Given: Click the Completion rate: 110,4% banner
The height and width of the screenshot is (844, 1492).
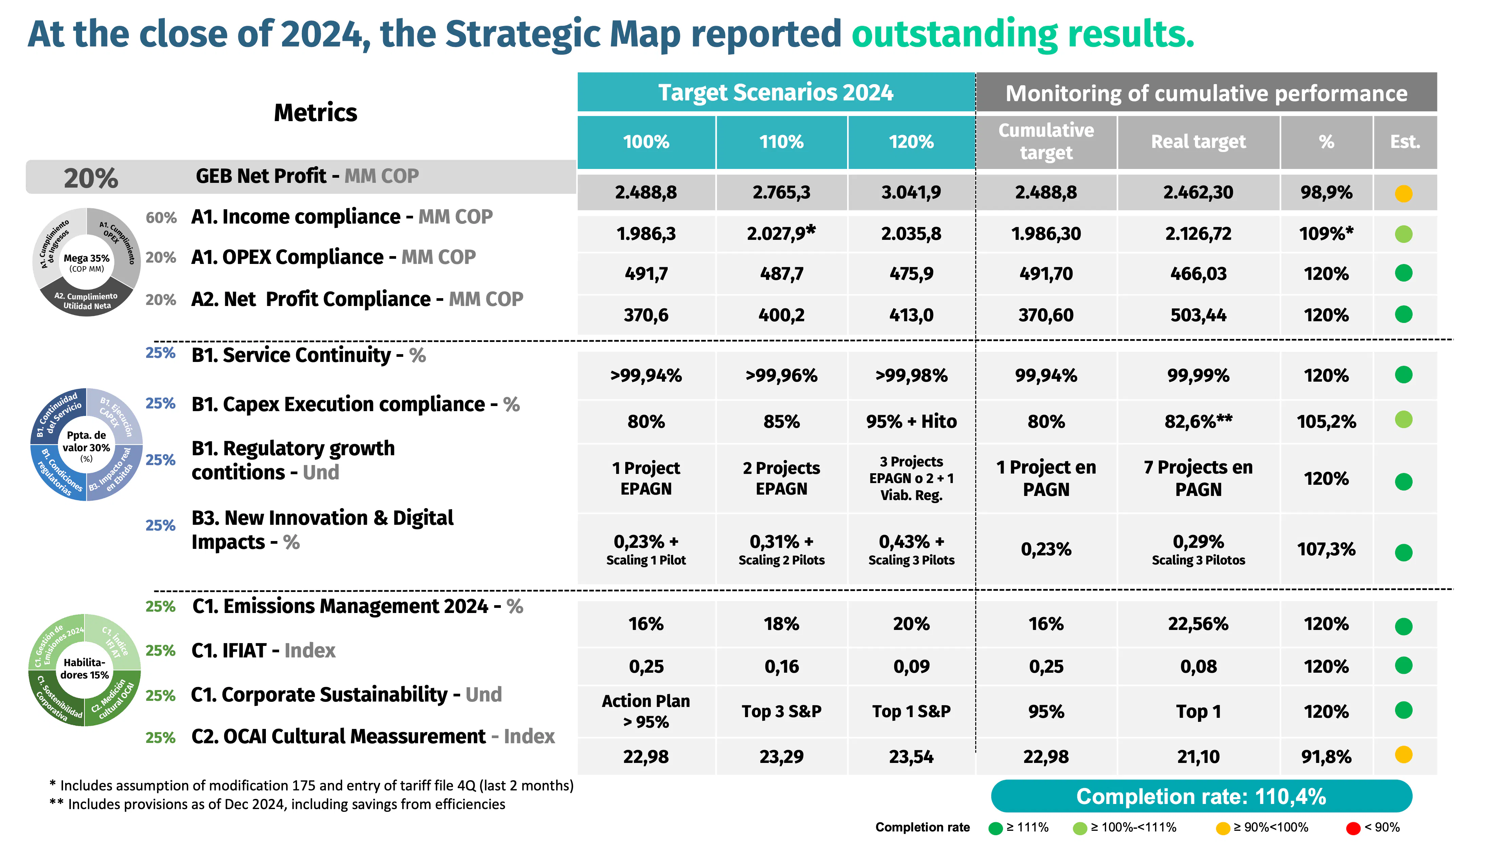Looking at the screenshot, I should point(1201,797).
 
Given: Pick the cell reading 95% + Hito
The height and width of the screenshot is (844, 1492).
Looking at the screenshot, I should point(911,421).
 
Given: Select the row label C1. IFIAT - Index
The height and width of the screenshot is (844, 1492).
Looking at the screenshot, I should point(263,650).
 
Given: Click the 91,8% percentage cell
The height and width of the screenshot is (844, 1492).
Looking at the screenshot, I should point(1326,756).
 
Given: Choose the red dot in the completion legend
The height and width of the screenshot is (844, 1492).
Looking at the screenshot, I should point(1353,828).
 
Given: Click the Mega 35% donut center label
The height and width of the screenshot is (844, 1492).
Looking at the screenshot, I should point(86,262).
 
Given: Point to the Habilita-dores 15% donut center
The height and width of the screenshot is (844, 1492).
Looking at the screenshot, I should point(84,668).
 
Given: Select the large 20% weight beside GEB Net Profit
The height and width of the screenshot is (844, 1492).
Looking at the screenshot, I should point(91,178).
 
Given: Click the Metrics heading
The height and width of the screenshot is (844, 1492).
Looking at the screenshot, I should point(315,113).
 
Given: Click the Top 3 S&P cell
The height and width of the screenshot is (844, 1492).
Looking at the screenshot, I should point(781,711).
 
